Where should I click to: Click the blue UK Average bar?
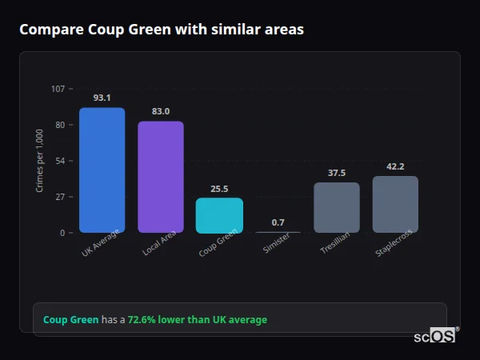[x=102, y=170]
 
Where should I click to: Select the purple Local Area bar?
[x=161, y=177]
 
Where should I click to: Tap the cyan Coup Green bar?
[x=219, y=215]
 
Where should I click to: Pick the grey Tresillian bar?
[x=337, y=207]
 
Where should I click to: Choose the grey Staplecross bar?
[x=395, y=204]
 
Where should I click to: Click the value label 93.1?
[x=102, y=98]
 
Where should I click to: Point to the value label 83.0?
[x=161, y=111]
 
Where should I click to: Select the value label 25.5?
[x=219, y=189]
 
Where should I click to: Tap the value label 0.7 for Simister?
[x=278, y=222]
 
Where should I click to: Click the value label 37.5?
[x=337, y=173]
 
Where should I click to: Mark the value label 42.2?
[x=395, y=166]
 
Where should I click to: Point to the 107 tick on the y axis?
[x=58, y=89]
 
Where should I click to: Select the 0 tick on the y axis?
[x=62, y=233]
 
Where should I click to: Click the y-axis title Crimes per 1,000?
[x=40, y=161]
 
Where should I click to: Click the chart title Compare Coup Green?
[x=161, y=30]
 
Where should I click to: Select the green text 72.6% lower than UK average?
[x=198, y=319]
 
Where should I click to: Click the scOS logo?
[x=434, y=336]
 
